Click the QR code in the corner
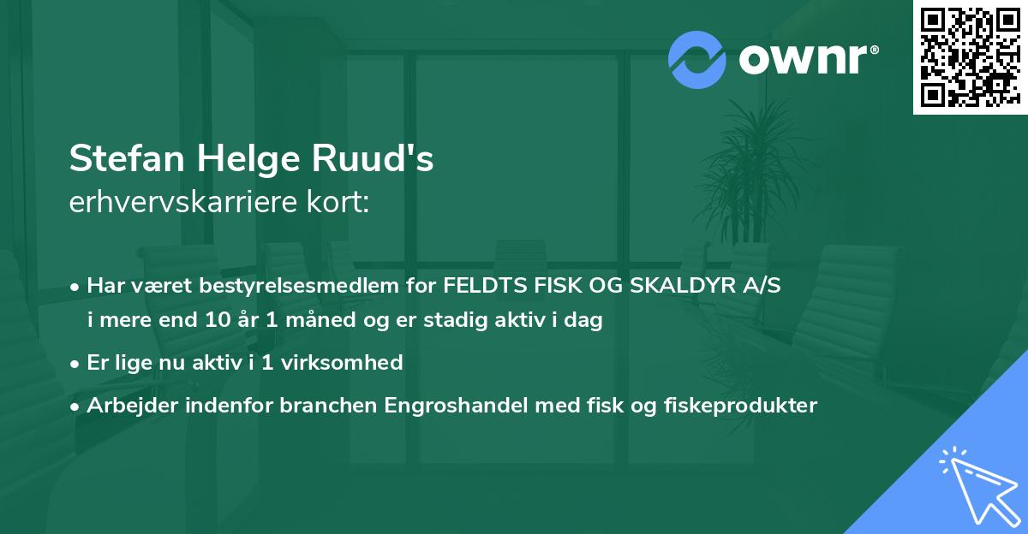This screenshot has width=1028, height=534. [x=970, y=56]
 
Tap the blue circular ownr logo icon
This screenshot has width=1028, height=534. [x=696, y=60]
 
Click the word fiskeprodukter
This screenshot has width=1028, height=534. [x=741, y=405]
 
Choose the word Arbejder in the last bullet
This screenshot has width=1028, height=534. [x=125, y=405]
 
